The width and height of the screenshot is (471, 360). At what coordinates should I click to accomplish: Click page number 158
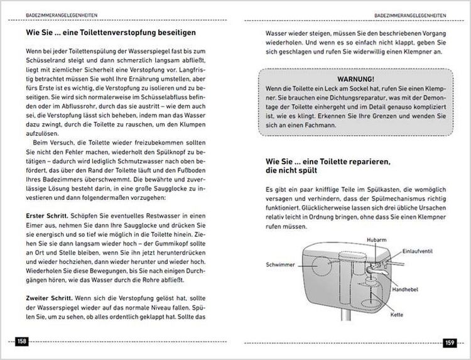(x=22, y=342)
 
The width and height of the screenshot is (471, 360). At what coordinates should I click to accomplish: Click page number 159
(x=449, y=342)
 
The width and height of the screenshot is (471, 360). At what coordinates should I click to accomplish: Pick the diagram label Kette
(x=396, y=314)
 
